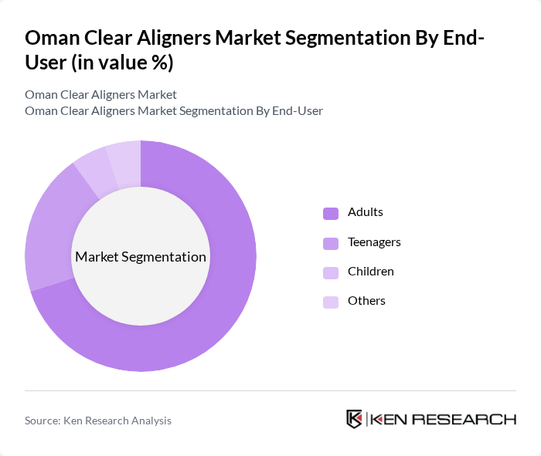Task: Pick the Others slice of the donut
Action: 124,157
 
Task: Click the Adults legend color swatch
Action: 331,213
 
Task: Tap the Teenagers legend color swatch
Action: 331,243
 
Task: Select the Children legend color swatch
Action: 331,272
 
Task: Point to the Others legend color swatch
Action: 331,302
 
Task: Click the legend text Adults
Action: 366,212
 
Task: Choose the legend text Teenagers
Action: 374,242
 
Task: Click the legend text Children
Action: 371,272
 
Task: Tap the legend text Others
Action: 366,301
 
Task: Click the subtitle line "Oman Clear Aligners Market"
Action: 100,95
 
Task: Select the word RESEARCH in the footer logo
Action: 471,420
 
